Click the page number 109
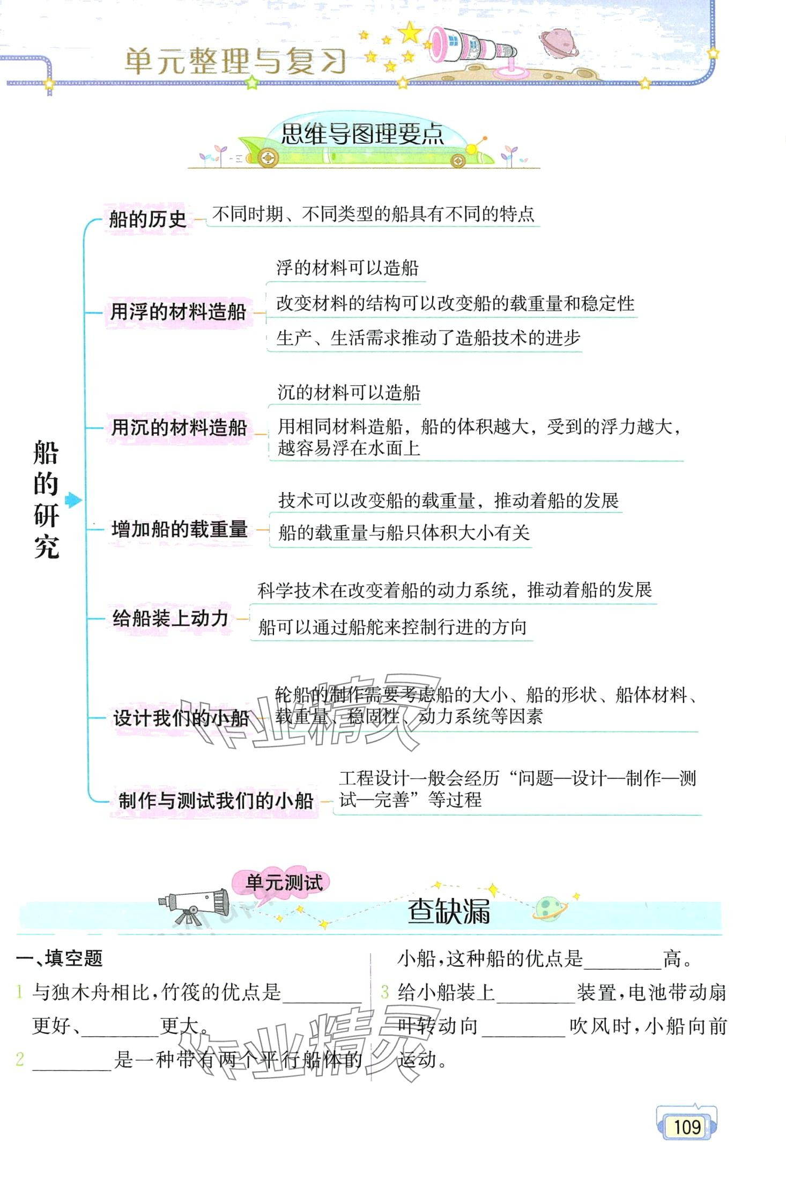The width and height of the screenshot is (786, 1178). [x=687, y=1126]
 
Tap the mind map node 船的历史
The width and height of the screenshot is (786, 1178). [x=147, y=219]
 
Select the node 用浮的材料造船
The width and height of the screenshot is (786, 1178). [x=178, y=312]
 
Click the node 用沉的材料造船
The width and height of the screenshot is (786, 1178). [x=179, y=428]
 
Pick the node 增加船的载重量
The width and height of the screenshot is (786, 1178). [x=179, y=530]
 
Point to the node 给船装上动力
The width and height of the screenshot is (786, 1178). [x=170, y=618]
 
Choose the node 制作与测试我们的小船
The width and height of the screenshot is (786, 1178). [x=215, y=800]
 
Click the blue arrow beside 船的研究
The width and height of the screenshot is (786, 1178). [x=73, y=500]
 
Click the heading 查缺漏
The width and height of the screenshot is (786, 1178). [x=448, y=911]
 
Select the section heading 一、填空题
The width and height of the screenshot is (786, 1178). [x=59, y=958]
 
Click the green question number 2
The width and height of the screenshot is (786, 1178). [x=20, y=1059]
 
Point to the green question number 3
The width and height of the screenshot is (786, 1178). [x=384, y=992]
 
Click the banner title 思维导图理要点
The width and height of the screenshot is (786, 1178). [x=362, y=135]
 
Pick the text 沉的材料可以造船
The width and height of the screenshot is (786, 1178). [x=348, y=393]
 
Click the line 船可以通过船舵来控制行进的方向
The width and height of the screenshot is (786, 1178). [x=392, y=627]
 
